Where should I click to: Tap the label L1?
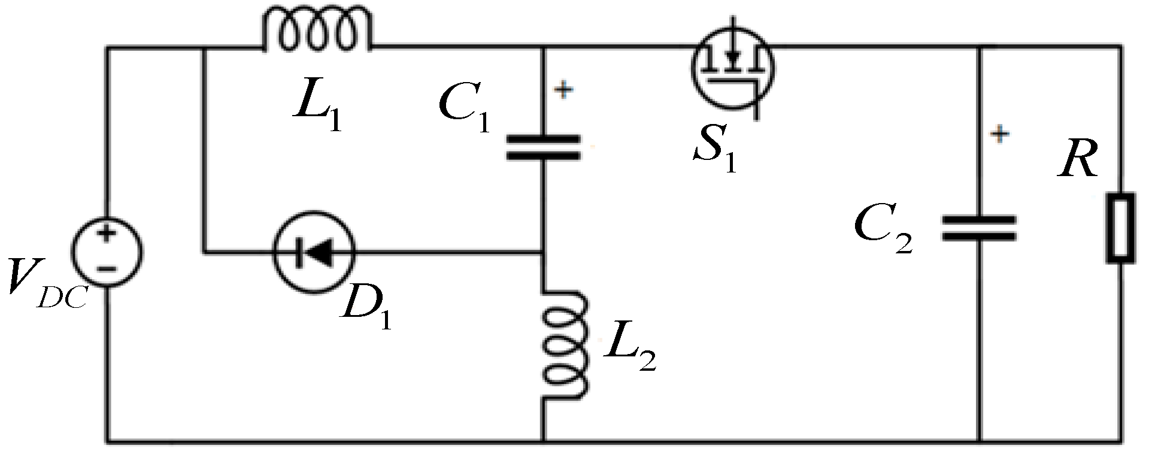click(317, 111)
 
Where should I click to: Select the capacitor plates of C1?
click(543, 147)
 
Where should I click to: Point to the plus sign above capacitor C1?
click(563, 90)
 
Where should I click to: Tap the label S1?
click(714, 153)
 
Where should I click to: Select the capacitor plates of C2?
click(979, 229)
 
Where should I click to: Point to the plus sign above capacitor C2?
click(999, 134)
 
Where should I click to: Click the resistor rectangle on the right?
click(1120, 228)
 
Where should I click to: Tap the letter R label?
click(1078, 161)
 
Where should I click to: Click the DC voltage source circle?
click(108, 251)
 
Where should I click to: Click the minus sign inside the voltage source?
click(107, 269)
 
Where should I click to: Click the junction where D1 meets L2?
click(543, 253)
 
